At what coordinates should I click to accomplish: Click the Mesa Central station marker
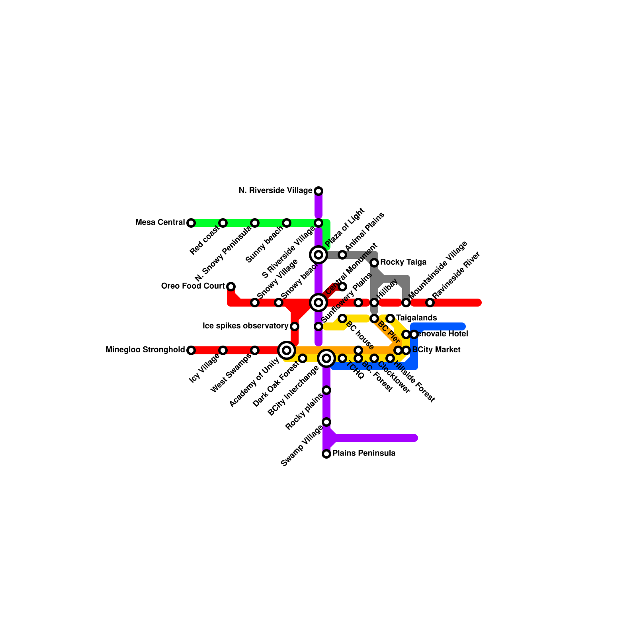tap(191, 223)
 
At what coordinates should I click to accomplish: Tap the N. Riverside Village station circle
tap(318, 191)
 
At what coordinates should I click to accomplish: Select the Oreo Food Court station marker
tap(231, 287)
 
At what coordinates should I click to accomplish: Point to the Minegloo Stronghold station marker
tap(191, 350)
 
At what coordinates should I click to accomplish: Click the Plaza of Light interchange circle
tap(318, 255)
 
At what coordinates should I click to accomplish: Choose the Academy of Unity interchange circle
tap(287, 350)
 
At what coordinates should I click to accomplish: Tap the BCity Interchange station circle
tap(326, 358)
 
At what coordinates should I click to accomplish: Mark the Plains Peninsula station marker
tap(326, 454)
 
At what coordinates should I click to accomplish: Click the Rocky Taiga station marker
tap(374, 263)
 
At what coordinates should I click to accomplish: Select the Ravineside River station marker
tap(430, 303)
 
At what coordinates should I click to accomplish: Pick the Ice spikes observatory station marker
tap(295, 326)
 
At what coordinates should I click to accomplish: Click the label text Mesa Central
tap(160, 223)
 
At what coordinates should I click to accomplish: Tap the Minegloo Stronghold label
tap(145, 350)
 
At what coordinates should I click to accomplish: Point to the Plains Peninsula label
tap(364, 453)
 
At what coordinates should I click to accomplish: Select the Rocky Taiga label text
tap(403, 262)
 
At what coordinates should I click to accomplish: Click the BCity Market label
tap(436, 350)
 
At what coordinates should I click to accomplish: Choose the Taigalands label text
tap(416, 318)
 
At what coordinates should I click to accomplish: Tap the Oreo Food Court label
tap(193, 286)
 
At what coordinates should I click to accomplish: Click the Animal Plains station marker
tap(342, 255)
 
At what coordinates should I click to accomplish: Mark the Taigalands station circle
tap(390, 318)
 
